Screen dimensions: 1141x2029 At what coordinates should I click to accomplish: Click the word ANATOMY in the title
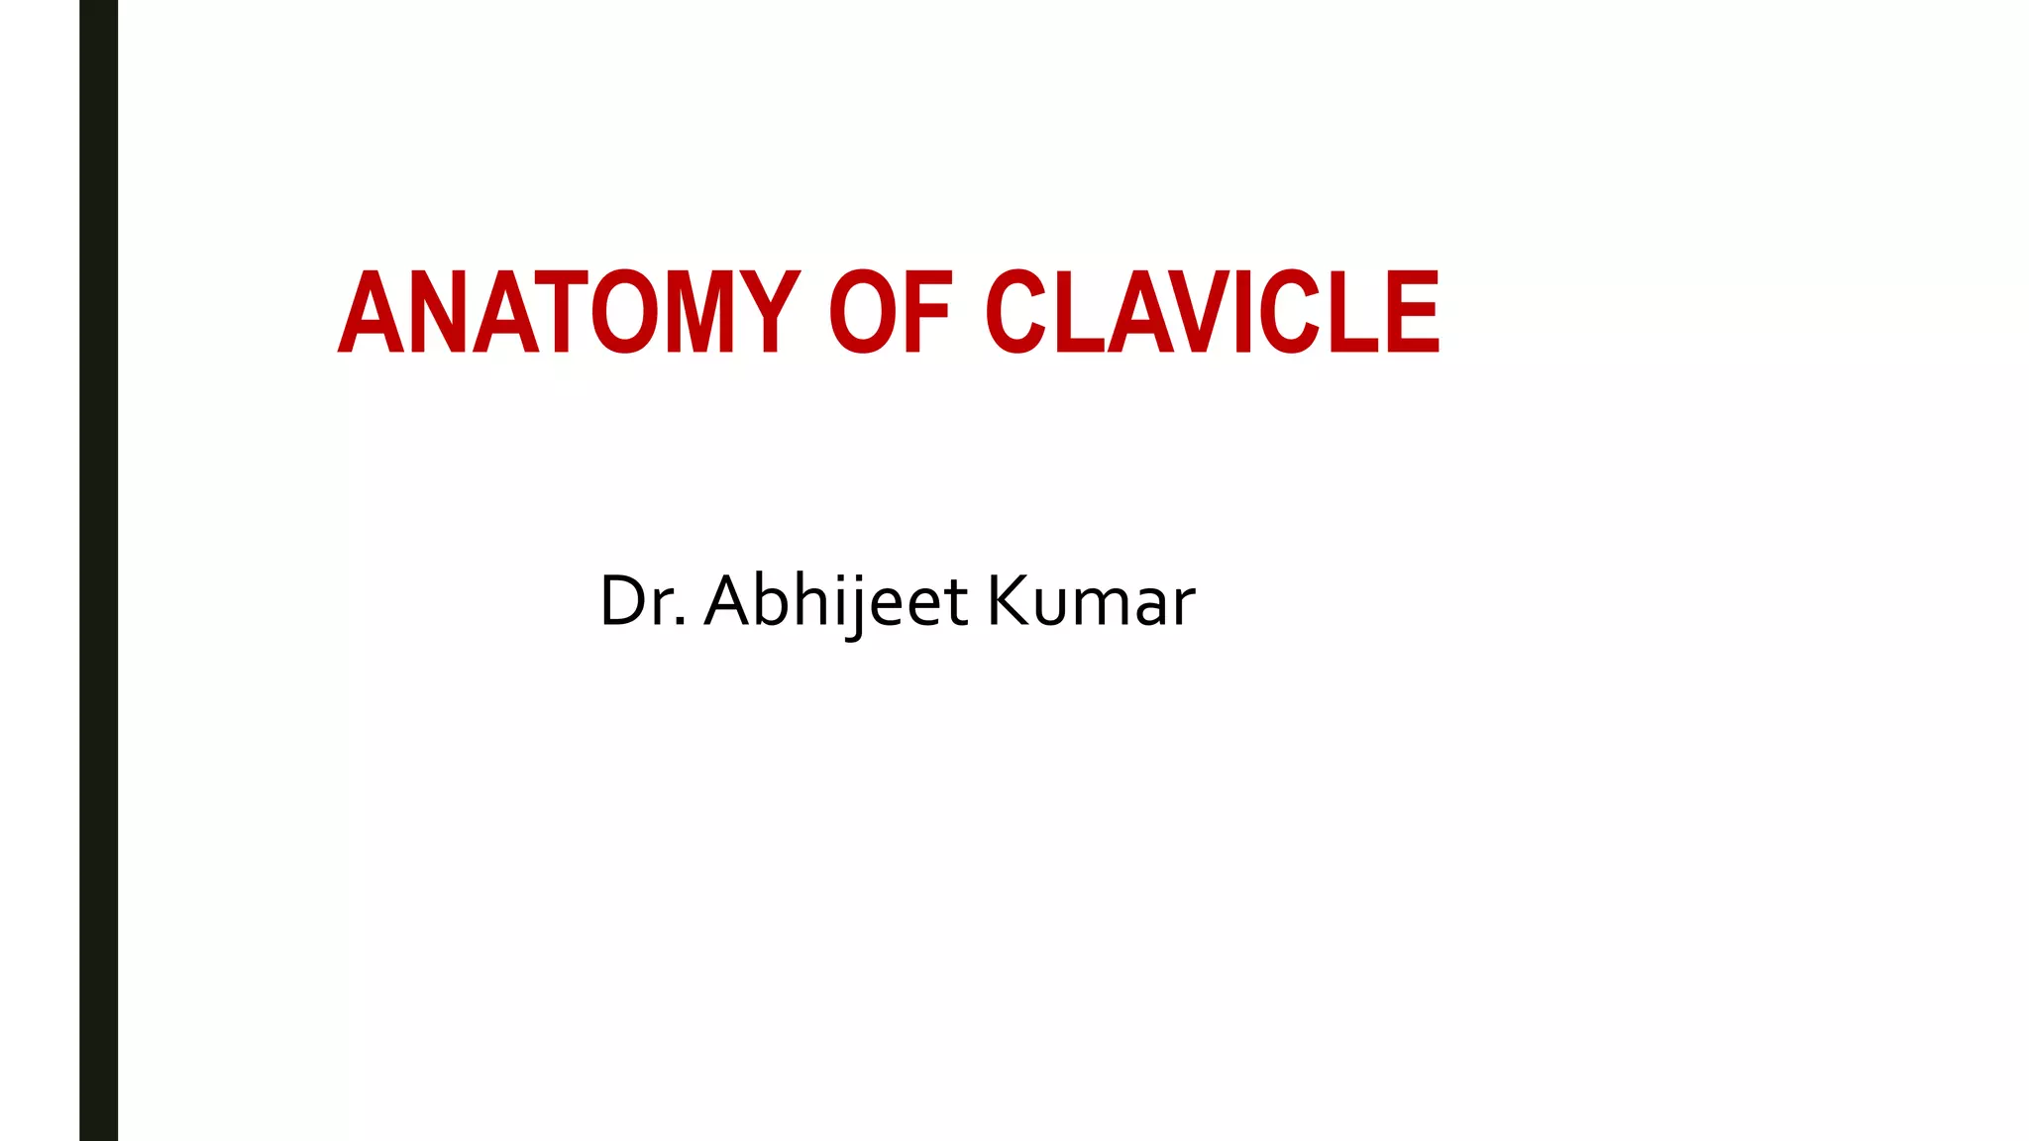point(569,312)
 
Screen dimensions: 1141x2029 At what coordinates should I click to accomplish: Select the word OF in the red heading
point(890,312)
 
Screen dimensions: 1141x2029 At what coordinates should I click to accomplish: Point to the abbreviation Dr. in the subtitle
point(642,601)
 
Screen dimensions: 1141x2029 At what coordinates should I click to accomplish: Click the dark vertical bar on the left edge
point(98,570)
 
